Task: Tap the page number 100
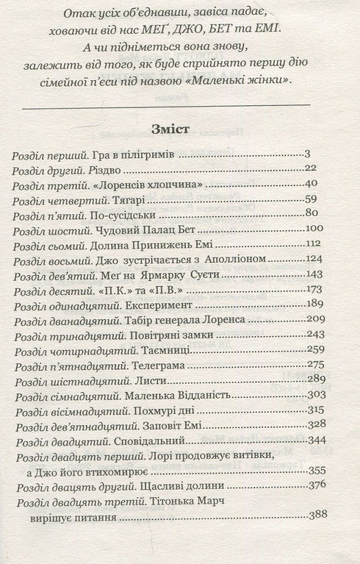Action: click(x=315, y=229)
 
